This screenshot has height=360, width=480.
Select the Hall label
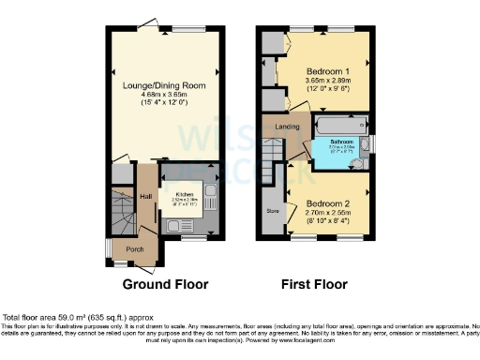pyautogui.click(x=146, y=197)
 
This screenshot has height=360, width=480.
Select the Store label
pyautogui.click(x=274, y=212)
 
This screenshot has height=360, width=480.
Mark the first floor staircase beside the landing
pyautogui.click(x=272, y=155)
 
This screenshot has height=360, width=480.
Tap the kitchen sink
pyautogui.click(x=177, y=225)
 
